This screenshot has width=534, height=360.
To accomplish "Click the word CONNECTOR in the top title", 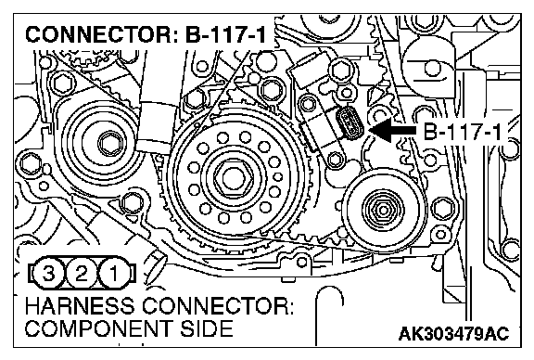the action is pos(101,34).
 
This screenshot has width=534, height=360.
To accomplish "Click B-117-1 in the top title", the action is pos(225,34).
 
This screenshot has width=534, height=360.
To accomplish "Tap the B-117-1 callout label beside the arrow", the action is pos(462,132).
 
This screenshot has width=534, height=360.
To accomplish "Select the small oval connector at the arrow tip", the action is pos(350,123).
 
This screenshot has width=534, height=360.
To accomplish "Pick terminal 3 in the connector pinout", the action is pos(48,274).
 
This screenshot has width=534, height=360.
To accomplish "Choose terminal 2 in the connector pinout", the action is pos(81,274).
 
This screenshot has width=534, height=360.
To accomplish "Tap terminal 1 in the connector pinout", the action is pos(113,274).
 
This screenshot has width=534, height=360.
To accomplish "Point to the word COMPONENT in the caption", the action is pos(98,328).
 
